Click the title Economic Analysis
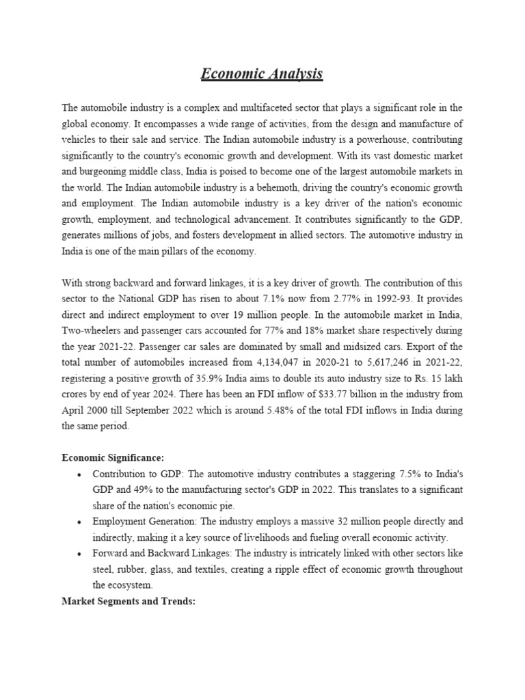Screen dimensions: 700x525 [262, 74]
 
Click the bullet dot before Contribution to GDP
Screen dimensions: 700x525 [80, 474]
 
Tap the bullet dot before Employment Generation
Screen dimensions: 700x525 [80, 521]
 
